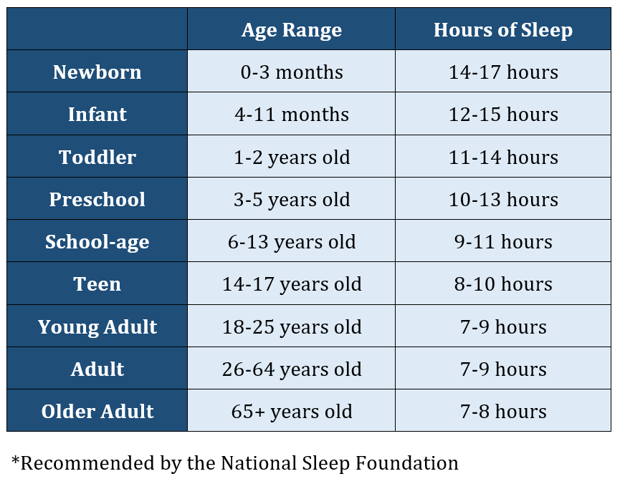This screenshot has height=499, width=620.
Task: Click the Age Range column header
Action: pos(292,30)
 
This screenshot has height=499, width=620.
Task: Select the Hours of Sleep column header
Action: pos(503,30)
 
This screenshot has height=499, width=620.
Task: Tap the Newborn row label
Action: pos(97,72)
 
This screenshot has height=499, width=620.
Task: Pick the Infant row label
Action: pos(97,115)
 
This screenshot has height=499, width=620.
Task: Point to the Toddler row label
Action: pos(97,157)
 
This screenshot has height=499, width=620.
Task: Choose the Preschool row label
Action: pos(97,199)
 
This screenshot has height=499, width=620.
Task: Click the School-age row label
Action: pos(97,242)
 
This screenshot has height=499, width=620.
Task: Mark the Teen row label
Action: pos(97,284)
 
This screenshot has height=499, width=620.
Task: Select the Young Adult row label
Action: pos(97,327)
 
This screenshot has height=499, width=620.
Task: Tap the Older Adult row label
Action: pos(97,411)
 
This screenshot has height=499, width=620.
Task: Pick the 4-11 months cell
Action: pos(292,115)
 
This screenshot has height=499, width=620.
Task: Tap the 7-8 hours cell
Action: pos(503,411)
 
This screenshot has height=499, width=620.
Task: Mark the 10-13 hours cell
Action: pos(503,199)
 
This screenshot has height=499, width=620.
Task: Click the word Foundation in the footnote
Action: pos(407,463)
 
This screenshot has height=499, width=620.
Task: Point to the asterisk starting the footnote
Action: pos(16,460)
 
